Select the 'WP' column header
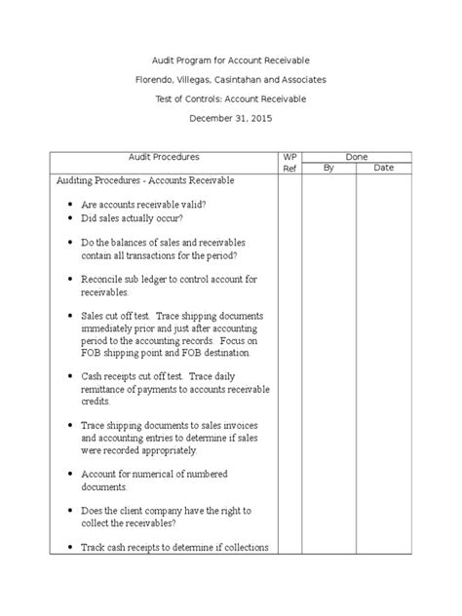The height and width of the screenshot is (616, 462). tap(289, 156)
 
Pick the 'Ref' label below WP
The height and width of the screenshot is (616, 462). tap(289, 169)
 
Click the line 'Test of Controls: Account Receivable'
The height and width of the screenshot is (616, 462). tap(231, 97)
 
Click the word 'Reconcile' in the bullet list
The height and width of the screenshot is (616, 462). tap(104, 280)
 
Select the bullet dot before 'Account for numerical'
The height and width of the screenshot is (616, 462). tap(73, 475)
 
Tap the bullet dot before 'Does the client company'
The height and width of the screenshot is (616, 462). tap(73, 511)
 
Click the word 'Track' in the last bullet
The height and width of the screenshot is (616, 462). tap(96, 547)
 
